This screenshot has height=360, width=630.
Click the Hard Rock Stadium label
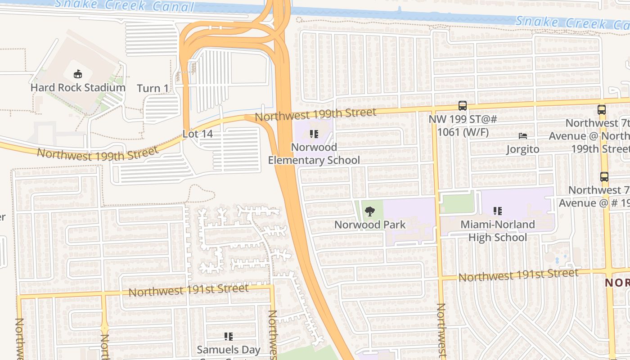[x=78, y=87]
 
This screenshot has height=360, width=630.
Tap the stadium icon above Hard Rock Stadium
[x=78, y=74]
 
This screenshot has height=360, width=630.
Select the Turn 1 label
[x=153, y=88]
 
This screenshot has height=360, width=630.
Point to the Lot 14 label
[x=198, y=134]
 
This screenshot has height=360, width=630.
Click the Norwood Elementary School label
[x=314, y=153]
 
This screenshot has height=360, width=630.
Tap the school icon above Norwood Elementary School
[x=314, y=134]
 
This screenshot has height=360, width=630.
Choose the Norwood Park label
[x=370, y=224]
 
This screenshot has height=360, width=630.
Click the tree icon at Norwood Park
[x=370, y=211]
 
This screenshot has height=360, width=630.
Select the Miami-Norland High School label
[x=498, y=230]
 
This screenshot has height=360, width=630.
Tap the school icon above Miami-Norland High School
[x=497, y=211]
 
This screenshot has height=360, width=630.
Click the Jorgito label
[x=522, y=149]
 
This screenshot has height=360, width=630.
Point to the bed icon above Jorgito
[x=522, y=135]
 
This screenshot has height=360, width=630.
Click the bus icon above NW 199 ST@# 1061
[x=462, y=106]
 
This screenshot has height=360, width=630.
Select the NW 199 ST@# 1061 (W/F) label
[x=462, y=126]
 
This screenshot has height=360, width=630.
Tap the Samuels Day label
[x=229, y=349]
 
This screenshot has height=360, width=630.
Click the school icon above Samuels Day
[x=228, y=336]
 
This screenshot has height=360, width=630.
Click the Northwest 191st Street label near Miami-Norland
[x=518, y=274]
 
